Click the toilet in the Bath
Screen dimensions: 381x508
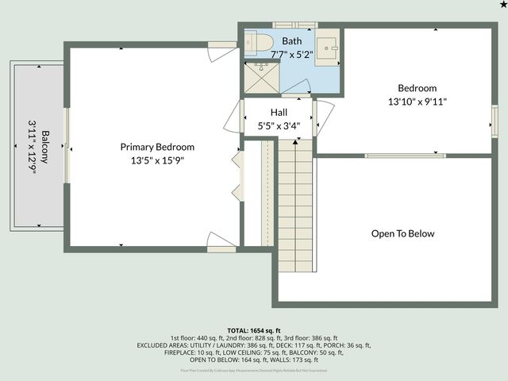tap(259, 41)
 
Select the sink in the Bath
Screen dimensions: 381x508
tap(331, 48)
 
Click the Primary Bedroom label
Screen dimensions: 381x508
tap(157, 147)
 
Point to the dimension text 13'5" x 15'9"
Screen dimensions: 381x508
tap(157, 160)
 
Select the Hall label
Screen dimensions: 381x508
tap(279, 113)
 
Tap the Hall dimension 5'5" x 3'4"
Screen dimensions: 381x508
tap(279, 125)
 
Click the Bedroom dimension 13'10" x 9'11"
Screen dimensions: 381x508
tap(418, 102)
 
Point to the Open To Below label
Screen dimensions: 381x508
tap(403, 233)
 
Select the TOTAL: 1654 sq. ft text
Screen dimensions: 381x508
tap(254, 330)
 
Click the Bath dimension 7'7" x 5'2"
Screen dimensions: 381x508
tap(292, 55)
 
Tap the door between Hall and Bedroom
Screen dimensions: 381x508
tap(323, 116)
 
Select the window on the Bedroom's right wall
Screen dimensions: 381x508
tap(494, 119)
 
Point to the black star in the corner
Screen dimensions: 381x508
tap(502, 5)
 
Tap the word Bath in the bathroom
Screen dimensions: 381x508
tap(292, 41)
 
